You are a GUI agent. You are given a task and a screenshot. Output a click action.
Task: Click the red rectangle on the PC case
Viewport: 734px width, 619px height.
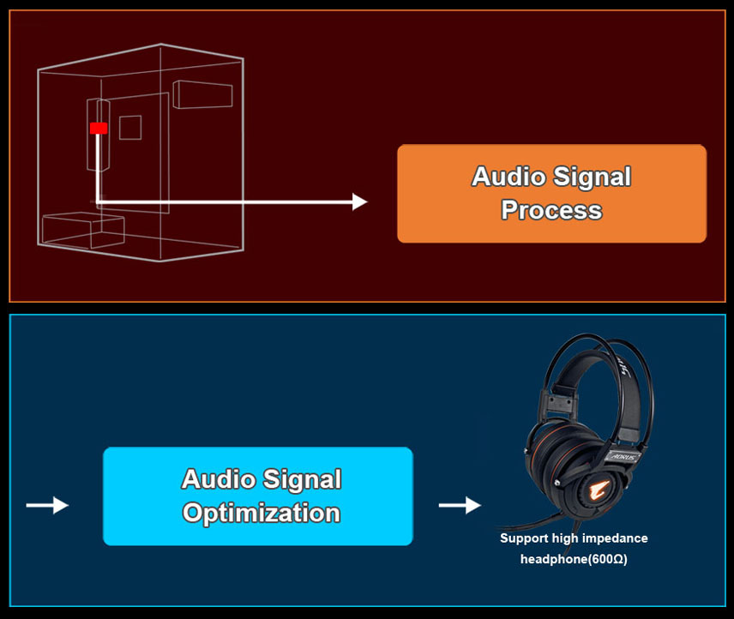(x=99, y=128)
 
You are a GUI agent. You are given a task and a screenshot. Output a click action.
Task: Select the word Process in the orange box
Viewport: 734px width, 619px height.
(x=551, y=209)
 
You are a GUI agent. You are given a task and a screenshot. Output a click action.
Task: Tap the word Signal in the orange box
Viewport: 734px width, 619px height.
(x=591, y=177)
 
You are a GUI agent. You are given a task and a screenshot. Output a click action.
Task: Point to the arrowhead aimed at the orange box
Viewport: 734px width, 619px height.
(x=359, y=202)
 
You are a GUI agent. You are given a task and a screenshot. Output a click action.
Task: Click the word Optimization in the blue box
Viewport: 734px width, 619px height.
(x=262, y=513)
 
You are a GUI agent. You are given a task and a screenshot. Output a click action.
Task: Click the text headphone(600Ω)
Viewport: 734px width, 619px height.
(x=574, y=560)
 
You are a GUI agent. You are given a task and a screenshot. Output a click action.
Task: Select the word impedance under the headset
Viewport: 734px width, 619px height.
(x=613, y=538)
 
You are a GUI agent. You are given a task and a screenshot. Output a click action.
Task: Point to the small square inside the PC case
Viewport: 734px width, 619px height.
(x=129, y=127)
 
